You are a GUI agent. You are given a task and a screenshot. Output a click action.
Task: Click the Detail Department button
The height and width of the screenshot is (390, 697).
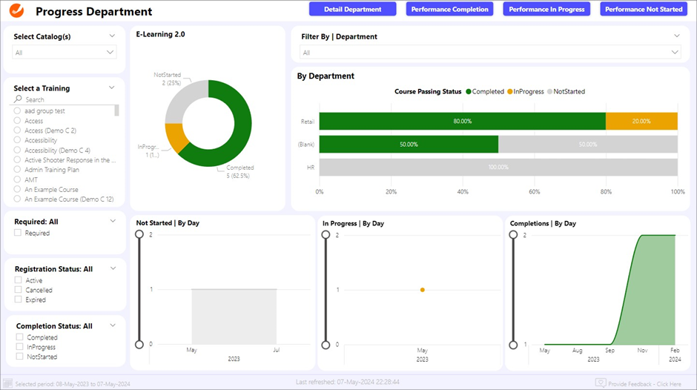point(352,9)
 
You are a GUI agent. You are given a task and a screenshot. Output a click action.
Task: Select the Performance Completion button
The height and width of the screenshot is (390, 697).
point(450,9)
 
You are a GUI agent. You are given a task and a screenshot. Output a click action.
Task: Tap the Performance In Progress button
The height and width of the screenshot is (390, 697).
point(547,9)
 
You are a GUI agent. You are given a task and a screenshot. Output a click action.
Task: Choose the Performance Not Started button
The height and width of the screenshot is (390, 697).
point(644,9)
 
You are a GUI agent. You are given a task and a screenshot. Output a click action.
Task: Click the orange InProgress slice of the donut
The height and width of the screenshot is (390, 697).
point(176,136)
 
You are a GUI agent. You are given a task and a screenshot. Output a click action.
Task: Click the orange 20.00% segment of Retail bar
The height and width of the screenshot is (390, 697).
point(641,121)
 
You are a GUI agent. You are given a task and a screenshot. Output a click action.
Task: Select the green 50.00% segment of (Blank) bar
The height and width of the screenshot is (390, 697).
point(409,144)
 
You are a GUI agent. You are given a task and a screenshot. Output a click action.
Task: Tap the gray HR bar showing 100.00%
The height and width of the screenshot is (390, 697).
point(498,167)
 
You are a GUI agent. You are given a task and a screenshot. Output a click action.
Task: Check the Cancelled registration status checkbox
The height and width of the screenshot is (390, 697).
point(19,291)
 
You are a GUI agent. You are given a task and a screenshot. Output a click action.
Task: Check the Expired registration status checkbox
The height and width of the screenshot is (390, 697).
point(19,300)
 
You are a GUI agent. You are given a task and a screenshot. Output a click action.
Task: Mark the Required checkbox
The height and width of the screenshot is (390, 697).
point(19,233)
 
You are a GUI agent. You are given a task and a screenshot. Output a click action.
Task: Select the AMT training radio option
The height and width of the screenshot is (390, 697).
point(18,179)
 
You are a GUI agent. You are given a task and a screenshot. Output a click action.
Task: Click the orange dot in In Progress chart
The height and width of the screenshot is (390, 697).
point(422,289)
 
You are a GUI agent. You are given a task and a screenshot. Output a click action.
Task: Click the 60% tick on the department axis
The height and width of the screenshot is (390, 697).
point(535,191)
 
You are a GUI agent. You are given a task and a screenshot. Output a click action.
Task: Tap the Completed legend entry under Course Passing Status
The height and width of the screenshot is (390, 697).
point(486,92)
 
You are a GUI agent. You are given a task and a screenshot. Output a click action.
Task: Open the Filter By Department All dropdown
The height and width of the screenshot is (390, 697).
point(490,53)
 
